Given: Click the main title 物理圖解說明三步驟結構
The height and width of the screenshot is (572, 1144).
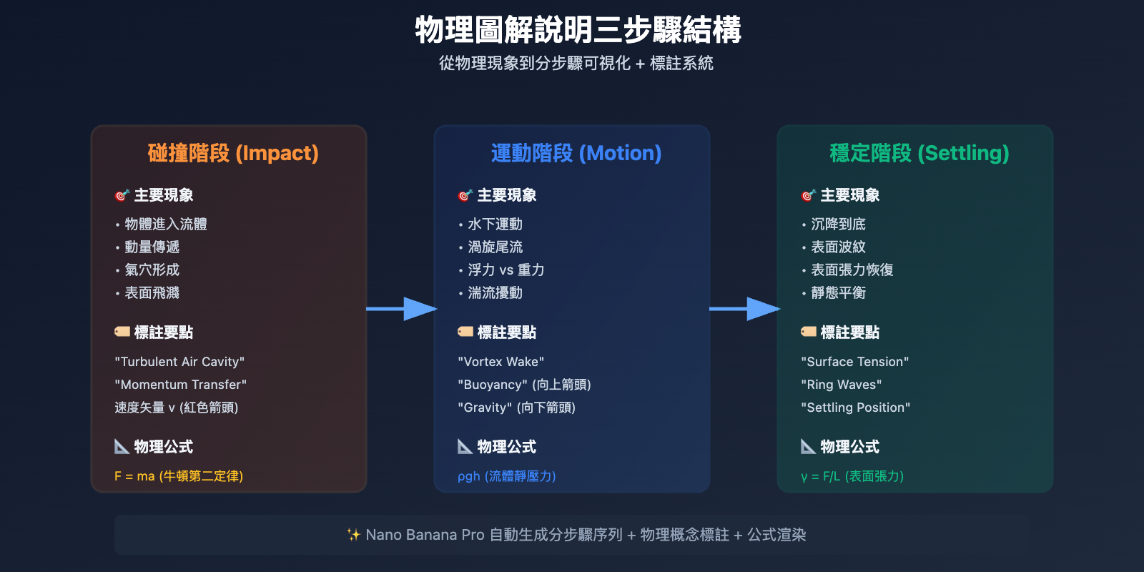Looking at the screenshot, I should (x=578, y=31).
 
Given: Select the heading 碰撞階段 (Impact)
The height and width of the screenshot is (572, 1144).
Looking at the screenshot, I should (x=233, y=153).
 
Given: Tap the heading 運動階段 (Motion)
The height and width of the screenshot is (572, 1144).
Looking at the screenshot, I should (x=576, y=153).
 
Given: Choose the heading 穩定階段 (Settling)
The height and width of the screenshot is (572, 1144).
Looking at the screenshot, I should (x=919, y=153).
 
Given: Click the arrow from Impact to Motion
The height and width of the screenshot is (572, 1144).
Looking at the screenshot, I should (x=401, y=309).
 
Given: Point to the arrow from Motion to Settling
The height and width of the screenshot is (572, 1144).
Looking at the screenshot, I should (x=744, y=309).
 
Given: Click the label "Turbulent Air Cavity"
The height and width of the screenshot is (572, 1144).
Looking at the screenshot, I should (x=179, y=362).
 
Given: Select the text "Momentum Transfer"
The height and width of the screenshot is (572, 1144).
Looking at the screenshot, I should (x=180, y=385).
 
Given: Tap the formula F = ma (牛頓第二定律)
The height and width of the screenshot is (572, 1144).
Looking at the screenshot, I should (x=179, y=476).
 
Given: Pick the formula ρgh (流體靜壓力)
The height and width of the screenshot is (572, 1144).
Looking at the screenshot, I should (x=506, y=476).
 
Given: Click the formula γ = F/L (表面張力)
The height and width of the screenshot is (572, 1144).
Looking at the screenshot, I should (x=852, y=476).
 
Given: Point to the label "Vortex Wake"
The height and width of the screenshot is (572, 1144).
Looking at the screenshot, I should (x=500, y=362).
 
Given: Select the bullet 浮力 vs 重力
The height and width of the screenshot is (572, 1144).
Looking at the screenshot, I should (x=506, y=270).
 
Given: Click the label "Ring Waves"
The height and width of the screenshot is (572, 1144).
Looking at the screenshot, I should (x=841, y=385).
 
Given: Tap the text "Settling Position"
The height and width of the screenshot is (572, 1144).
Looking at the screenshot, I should (x=855, y=408).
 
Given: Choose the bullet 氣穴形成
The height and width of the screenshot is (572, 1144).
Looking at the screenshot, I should (x=152, y=270).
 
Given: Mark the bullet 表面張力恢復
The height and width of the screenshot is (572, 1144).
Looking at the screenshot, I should (x=852, y=270).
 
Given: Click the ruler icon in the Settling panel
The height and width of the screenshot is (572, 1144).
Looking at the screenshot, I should (x=808, y=447).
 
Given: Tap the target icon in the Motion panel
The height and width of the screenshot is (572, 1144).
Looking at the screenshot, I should (x=465, y=195).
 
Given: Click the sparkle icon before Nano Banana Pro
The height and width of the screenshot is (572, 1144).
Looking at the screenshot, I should (x=353, y=535).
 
